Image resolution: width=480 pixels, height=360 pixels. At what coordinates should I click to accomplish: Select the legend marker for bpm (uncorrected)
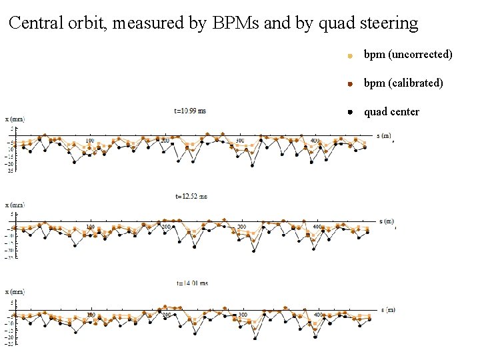(350, 56)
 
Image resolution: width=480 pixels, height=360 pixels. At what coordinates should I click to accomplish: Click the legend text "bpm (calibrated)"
(403, 83)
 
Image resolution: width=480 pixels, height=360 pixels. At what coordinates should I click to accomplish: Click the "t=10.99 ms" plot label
(190, 111)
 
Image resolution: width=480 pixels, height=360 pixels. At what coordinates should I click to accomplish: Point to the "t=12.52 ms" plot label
(191, 197)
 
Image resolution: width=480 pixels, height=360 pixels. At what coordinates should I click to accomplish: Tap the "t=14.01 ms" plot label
(191, 283)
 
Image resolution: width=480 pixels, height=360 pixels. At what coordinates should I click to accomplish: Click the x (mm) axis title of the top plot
(15, 120)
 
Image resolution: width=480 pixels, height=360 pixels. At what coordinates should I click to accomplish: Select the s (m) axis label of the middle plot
(383, 221)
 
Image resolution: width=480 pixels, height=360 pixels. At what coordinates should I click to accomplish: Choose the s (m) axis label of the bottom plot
(382, 309)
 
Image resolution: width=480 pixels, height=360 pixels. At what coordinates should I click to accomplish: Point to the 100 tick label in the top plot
(90, 141)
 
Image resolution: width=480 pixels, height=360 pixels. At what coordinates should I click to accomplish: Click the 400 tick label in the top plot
(315, 141)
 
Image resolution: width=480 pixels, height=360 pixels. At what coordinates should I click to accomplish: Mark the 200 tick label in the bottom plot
(167, 315)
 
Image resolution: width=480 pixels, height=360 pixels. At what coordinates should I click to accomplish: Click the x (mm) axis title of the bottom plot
(15, 292)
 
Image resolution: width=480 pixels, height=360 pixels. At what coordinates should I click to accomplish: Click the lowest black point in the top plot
(252, 165)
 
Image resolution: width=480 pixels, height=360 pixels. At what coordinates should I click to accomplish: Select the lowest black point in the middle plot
(254, 251)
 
